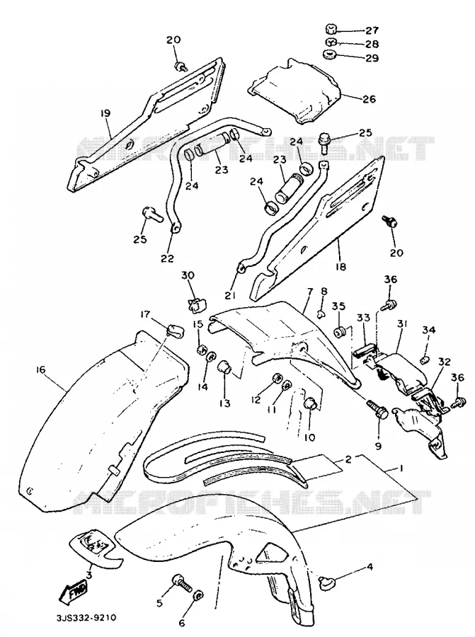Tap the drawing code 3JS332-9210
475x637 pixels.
(86, 618)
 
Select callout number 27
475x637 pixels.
(372, 30)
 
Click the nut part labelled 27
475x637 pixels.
(331, 29)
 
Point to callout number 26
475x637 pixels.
(369, 98)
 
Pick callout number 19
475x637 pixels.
(105, 113)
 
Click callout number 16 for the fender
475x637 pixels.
(40, 369)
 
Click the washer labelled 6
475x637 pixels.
(198, 596)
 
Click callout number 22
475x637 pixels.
(167, 258)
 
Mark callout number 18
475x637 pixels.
(340, 267)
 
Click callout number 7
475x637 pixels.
(310, 292)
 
